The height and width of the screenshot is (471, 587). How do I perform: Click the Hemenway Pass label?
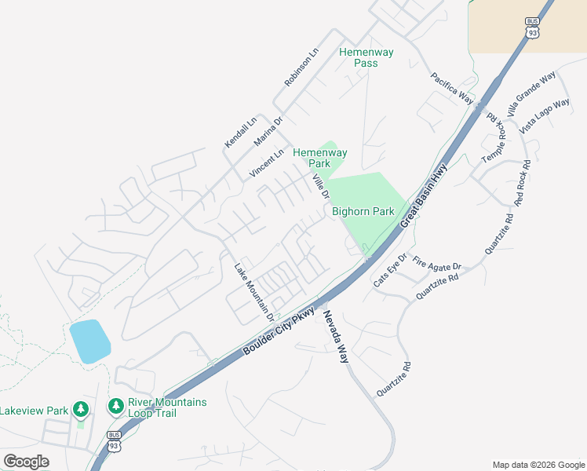pos(366,58)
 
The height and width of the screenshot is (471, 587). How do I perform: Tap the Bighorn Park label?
pos(363,211)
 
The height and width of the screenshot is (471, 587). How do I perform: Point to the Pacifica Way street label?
pos(452,88)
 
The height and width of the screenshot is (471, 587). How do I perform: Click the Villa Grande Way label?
pos(531,93)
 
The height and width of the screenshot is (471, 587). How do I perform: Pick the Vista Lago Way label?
pos(545,115)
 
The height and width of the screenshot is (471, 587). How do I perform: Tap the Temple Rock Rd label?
pos(495,138)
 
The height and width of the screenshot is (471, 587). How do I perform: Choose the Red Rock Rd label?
pos(523,183)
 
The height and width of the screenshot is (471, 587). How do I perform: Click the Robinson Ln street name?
pos(302,67)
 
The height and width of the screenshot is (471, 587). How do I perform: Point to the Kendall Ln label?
pos(241,132)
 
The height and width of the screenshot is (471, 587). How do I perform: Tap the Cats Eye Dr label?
pos(390,270)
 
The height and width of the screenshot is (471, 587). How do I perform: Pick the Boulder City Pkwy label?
pos(279,330)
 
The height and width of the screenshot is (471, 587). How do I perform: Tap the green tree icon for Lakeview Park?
pos(80,409)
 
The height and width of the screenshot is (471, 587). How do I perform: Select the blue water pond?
pos(89,341)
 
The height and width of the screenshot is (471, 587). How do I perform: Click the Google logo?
pos(26,462)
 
